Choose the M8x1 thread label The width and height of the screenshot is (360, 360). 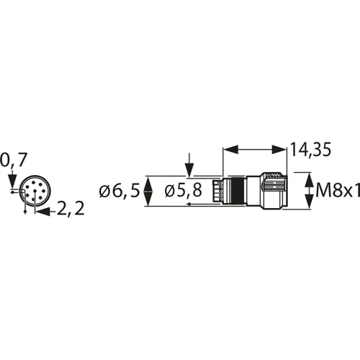338,192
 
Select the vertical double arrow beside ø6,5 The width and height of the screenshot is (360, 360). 148,192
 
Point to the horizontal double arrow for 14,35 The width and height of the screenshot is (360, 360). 255,149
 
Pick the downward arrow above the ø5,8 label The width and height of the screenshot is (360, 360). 189,165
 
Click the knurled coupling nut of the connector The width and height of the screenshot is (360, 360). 274,192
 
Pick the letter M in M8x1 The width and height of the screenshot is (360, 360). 323,192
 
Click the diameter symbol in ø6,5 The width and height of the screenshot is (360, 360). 105,192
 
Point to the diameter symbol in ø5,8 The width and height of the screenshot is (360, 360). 170,192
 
